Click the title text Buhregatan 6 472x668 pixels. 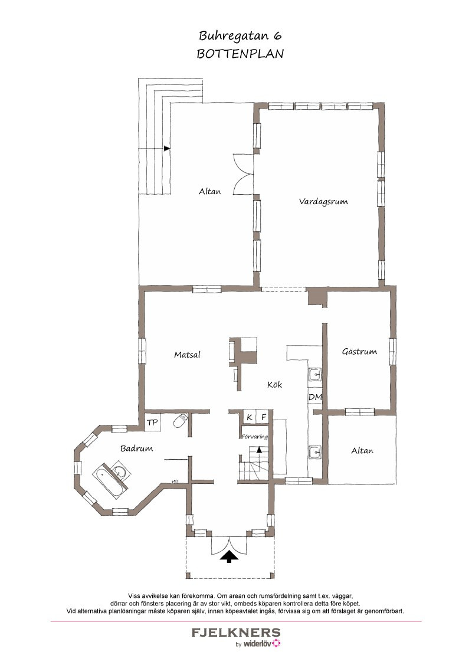[x=240, y=36]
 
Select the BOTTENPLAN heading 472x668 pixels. [x=240, y=54]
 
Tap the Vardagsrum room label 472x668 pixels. [x=323, y=201]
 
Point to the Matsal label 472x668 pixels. [x=187, y=355]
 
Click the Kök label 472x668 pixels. [x=275, y=384]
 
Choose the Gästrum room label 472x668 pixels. [x=359, y=352]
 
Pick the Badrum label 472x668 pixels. [x=136, y=448]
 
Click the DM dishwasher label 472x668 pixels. [x=315, y=397]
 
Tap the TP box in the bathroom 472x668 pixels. [x=152, y=423]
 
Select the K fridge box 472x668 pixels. [x=250, y=418]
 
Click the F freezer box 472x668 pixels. [x=264, y=418]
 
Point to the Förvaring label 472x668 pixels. [x=255, y=437]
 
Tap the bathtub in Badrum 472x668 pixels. [x=107, y=483]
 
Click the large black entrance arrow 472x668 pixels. [x=229, y=556]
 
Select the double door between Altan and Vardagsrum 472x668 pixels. [x=244, y=174]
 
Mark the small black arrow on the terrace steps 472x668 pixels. [x=167, y=148]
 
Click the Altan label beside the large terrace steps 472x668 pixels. [x=210, y=191]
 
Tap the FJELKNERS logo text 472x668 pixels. [x=236, y=632]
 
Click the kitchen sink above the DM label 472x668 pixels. [x=315, y=375]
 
